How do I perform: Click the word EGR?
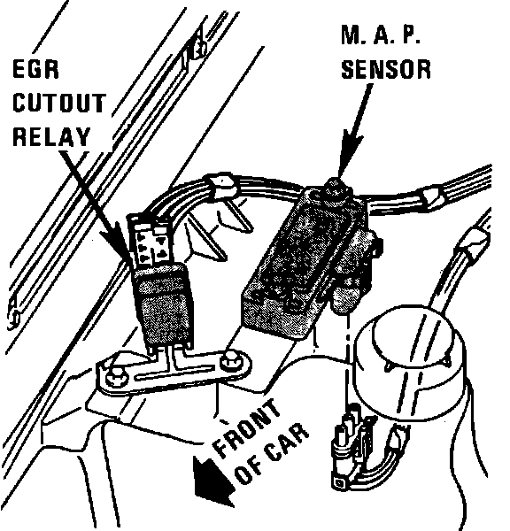36,69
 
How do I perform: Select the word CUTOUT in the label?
59,103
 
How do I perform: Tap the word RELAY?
51,136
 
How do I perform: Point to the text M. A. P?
381,35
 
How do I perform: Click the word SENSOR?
386,69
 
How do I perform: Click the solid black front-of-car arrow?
212,481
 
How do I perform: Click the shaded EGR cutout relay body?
163,304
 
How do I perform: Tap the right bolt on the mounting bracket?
229,362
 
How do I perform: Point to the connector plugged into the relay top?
151,239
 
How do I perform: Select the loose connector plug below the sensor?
354,447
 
